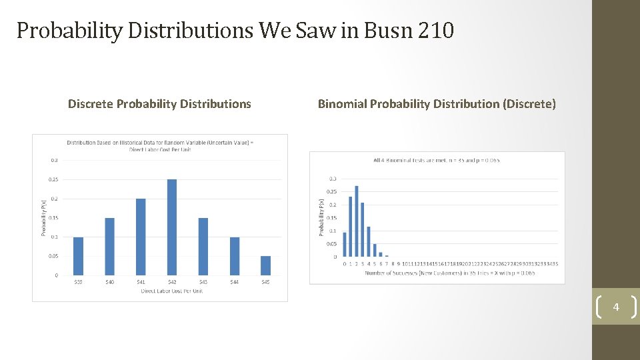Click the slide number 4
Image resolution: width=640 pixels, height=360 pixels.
616,307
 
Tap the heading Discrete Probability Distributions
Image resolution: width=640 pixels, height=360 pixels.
159,104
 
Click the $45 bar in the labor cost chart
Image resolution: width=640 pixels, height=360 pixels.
265,266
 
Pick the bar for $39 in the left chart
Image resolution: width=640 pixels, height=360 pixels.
78,256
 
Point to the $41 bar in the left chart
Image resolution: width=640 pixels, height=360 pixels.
141,237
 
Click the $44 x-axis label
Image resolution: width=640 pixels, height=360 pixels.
234,282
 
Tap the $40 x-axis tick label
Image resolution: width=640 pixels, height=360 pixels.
109,282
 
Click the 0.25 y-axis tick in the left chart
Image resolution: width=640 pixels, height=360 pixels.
52,179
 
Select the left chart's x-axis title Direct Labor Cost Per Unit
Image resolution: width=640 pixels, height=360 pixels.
171,291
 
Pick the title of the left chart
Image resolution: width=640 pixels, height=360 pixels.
160,145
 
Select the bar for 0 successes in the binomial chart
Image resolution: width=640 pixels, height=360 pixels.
345,245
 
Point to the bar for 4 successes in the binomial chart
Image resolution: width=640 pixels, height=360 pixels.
369,241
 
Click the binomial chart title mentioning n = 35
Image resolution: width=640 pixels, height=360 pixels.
437,160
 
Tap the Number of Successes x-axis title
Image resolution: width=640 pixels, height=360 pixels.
450,273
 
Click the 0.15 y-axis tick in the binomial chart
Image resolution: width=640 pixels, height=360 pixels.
331,218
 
